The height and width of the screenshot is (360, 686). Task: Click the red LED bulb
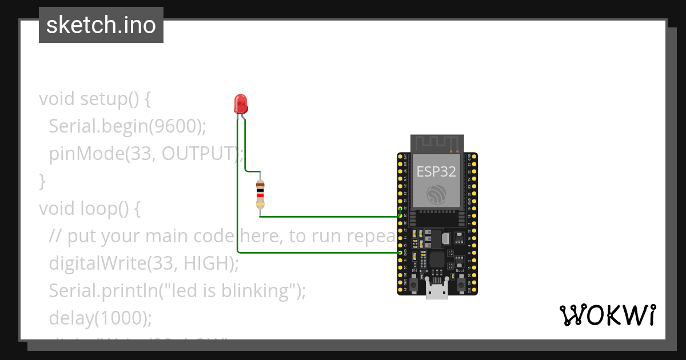[x=241, y=104]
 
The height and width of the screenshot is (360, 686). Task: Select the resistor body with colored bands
[x=260, y=194]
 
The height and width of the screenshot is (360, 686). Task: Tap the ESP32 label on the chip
[x=436, y=171]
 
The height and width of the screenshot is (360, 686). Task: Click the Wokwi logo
[x=608, y=315]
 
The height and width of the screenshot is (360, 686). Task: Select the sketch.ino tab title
[x=101, y=25]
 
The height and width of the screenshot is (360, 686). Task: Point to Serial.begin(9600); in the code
[x=127, y=126]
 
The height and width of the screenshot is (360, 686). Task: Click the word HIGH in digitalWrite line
[x=206, y=263]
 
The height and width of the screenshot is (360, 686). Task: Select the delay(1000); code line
[x=100, y=318]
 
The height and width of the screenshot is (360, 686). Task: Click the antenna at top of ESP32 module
[x=437, y=143]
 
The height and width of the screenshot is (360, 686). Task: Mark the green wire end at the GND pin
[x=400, y=252]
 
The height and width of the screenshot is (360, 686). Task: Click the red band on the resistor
[x=260, y=195]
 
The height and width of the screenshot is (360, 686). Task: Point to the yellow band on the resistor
[x=260, y=204]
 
